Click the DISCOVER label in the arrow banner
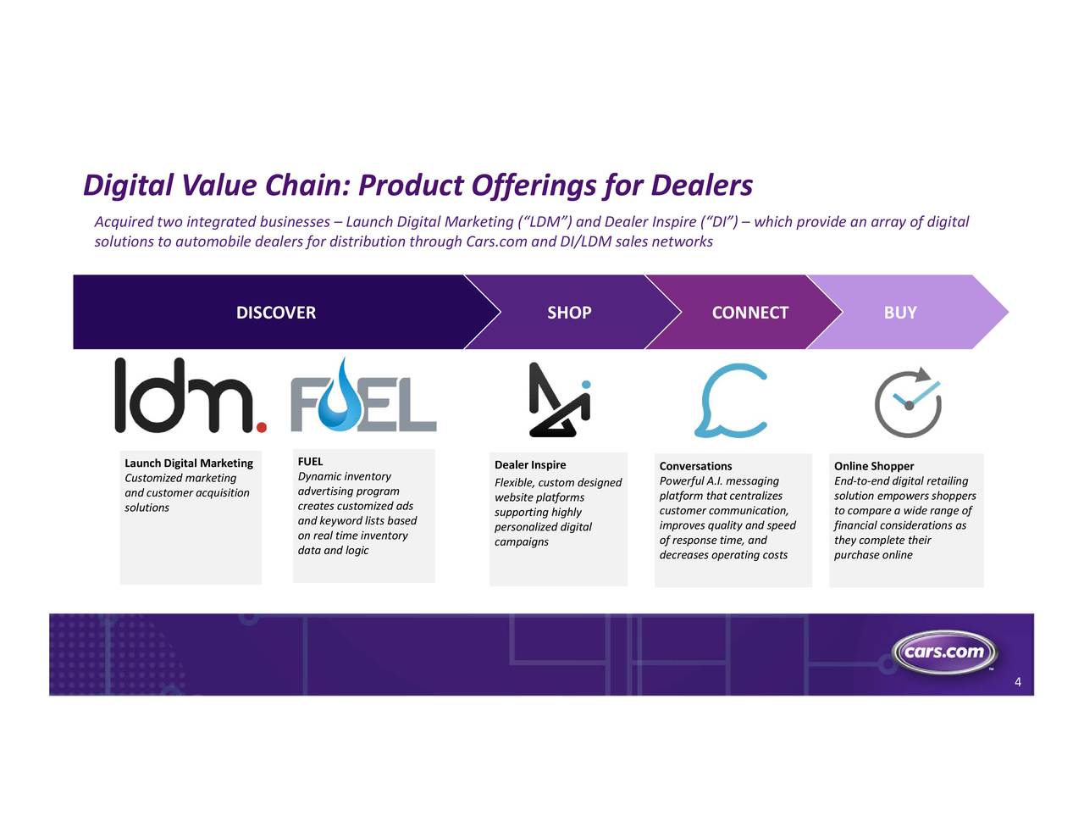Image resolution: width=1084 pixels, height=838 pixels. [x=276, y=313]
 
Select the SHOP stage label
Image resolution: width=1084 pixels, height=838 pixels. [x=569, y=313]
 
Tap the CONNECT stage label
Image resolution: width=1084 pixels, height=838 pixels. [x=749, y=313]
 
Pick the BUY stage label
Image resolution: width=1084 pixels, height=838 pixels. [x=900, y=313]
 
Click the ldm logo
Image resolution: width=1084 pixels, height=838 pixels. [x=191, y=395]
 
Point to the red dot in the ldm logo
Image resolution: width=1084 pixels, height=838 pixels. [x=261, y=427]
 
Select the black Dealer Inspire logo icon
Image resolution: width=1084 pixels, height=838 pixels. [x=559, y=399]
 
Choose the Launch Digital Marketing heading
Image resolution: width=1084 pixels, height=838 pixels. [x=189, y=463]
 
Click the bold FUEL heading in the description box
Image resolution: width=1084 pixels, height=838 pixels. [x=310, y=461]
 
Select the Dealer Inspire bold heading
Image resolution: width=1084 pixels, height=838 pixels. [x=530, y=464]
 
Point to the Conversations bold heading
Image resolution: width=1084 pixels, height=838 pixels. [x=695, y=466]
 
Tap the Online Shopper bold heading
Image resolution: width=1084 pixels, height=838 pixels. [x=873, y=466]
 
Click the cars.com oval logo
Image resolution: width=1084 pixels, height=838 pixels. [x=943, y=652]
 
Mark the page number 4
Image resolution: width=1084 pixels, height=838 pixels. [x=1018, y=682]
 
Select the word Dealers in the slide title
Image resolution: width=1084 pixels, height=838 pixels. [x=702, y=186]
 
